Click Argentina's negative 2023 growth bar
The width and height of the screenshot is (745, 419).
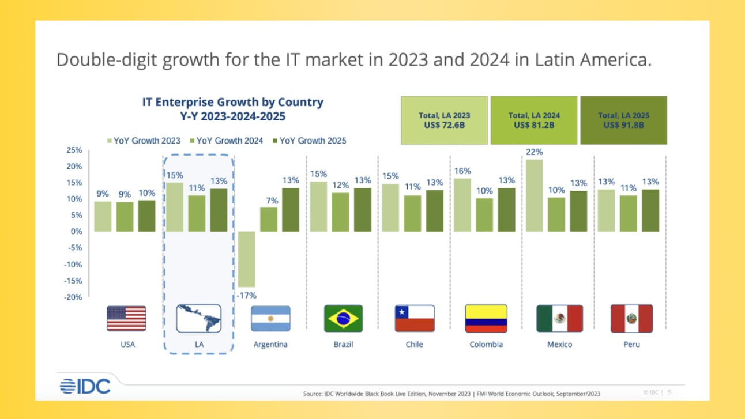coord(247,259)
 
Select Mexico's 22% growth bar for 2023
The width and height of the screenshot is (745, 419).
coord(535,195)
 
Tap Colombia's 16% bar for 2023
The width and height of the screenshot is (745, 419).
coord(462,205)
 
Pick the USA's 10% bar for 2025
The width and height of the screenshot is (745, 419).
coord(146,216)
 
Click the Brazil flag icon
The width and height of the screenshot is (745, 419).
coord(343,319)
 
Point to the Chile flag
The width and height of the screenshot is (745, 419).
coord(414,319)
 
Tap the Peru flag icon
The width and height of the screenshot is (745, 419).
coord(631,319)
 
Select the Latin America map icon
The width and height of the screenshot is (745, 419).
coord(198,319)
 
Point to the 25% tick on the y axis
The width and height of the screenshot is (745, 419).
coord(74,150)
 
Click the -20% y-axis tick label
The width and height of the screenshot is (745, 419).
coord(73,297)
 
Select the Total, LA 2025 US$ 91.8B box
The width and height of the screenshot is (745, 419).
coord(623,120)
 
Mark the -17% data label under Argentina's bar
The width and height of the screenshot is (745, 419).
coord(247,296)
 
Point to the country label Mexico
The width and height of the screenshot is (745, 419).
coord(559,344)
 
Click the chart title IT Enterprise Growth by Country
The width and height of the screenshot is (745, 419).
coord(233,103)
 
